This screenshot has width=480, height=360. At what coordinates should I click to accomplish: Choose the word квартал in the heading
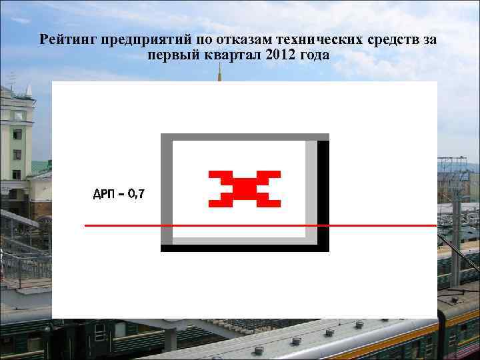[x=231, y=55]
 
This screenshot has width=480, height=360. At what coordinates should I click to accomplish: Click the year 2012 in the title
[x=279, y=55]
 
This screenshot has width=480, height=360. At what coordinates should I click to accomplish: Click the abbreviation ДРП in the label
[x=103, y=194]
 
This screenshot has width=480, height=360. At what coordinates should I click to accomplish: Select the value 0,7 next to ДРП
[x=136, y=194]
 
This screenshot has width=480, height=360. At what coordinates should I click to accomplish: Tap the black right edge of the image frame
[x=323, y=193]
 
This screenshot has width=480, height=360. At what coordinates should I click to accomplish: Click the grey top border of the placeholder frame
[x=245, y=137]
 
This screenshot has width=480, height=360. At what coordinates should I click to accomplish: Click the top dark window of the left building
[x=17, y=115]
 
